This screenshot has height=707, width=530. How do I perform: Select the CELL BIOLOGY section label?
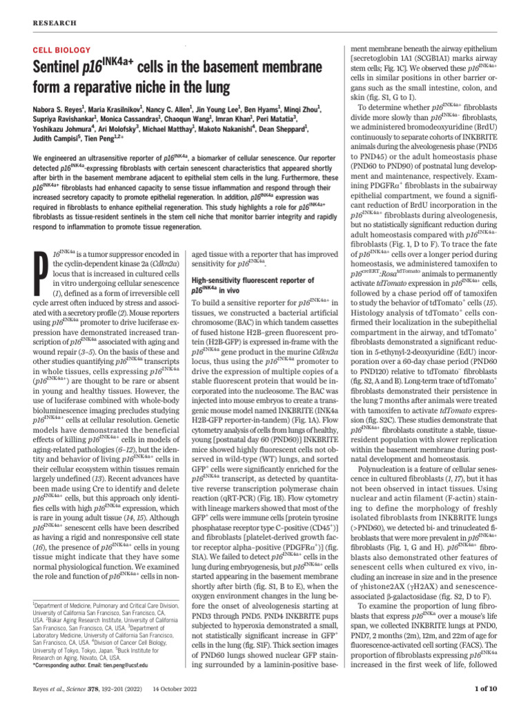pyautogui.click(x=61, y=50)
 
